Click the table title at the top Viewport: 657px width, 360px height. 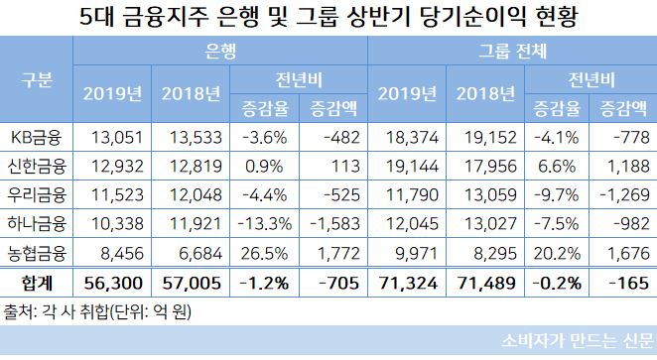328,18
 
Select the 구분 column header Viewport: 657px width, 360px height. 37,79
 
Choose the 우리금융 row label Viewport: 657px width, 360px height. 37,190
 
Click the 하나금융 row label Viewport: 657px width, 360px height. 37,218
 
